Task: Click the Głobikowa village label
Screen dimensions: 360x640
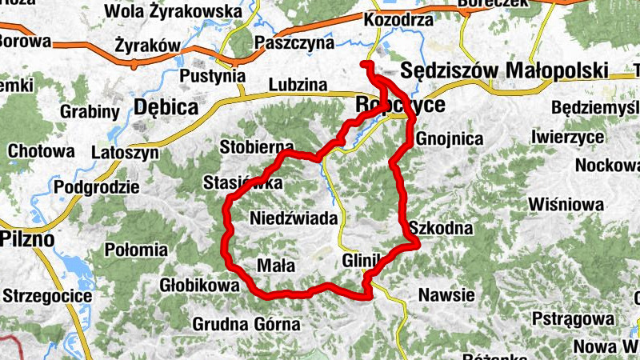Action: [199, 286]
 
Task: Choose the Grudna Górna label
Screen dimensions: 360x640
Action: [246, 324]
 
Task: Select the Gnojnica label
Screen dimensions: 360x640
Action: [450, 138]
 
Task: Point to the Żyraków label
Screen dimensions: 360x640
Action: [146, 46]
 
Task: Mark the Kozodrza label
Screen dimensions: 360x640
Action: [398, 19]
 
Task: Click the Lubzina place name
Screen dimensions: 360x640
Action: [298, 83]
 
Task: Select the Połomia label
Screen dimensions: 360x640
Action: [133, 248]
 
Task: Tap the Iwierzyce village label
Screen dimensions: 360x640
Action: [567, 137]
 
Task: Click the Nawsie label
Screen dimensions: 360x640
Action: [446, 295]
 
